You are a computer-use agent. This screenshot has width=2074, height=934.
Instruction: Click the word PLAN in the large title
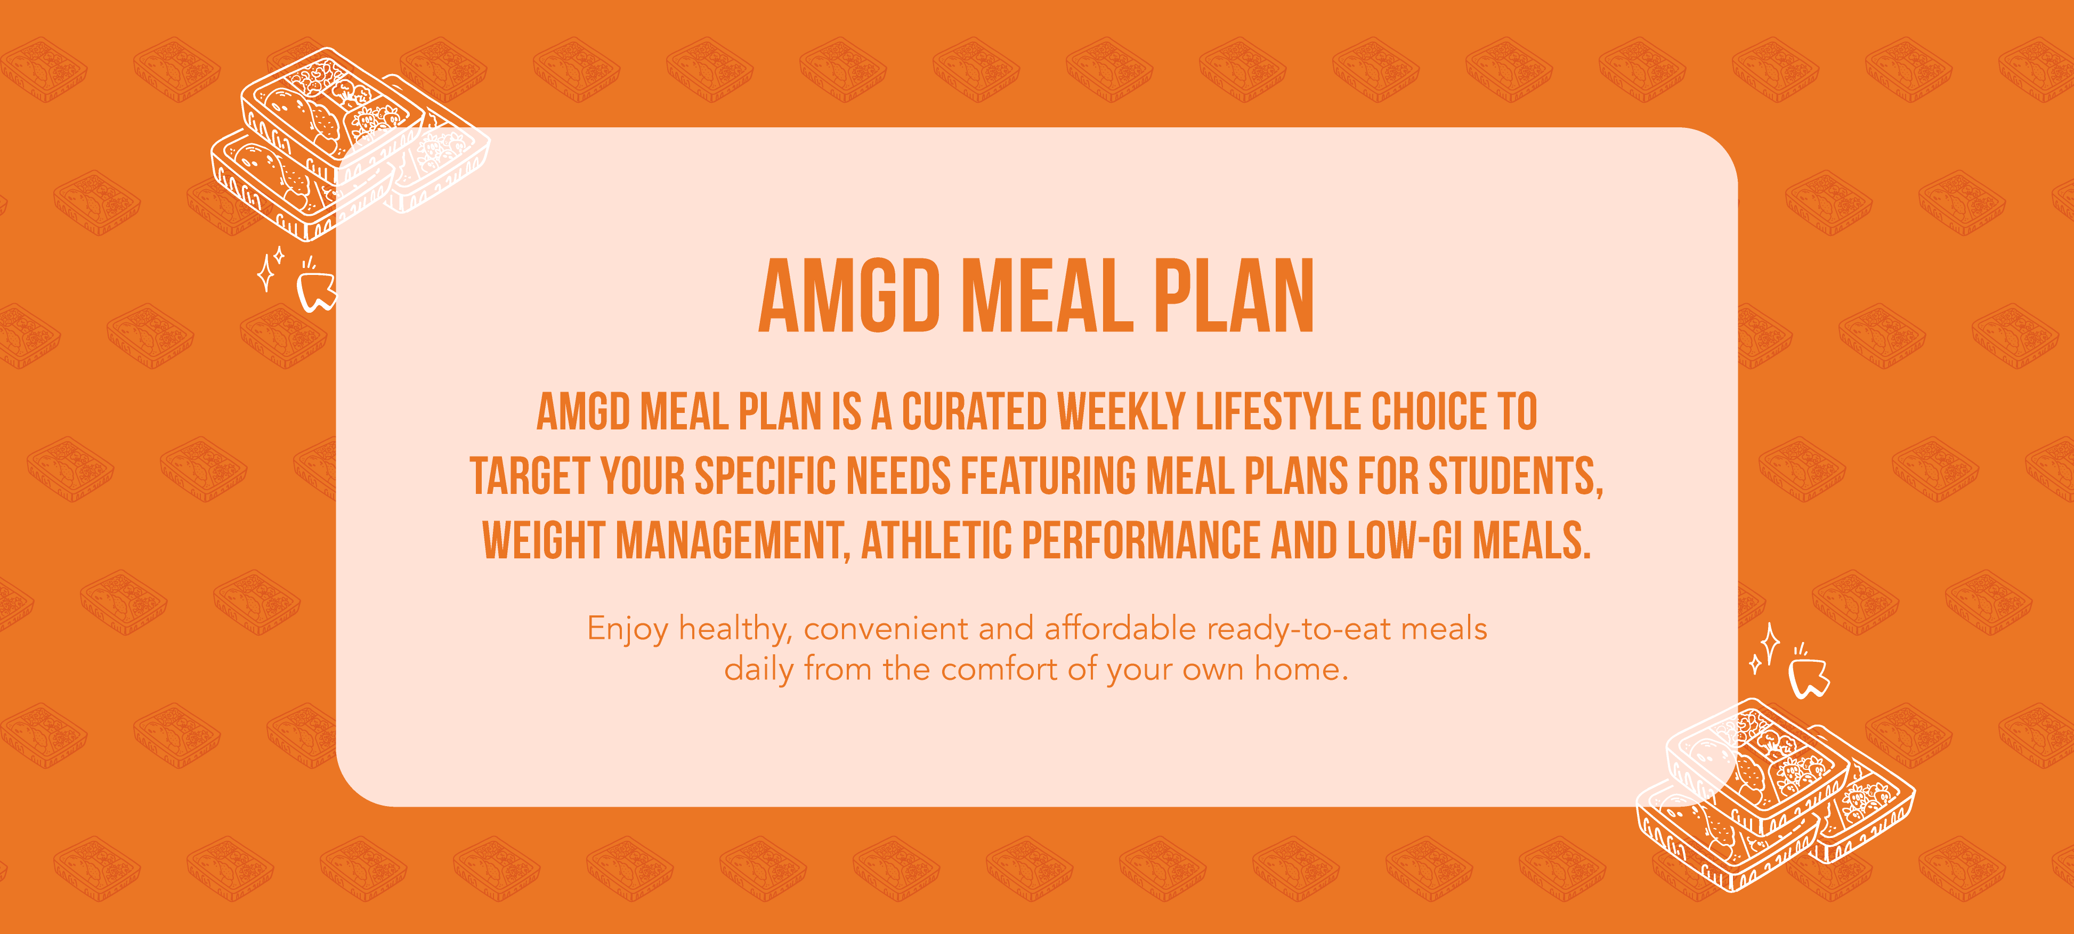[x=1234, y=296]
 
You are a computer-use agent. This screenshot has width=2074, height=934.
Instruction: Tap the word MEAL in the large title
[x=1048, y=296]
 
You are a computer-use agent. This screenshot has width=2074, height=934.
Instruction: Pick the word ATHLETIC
[x=936, y=540]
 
